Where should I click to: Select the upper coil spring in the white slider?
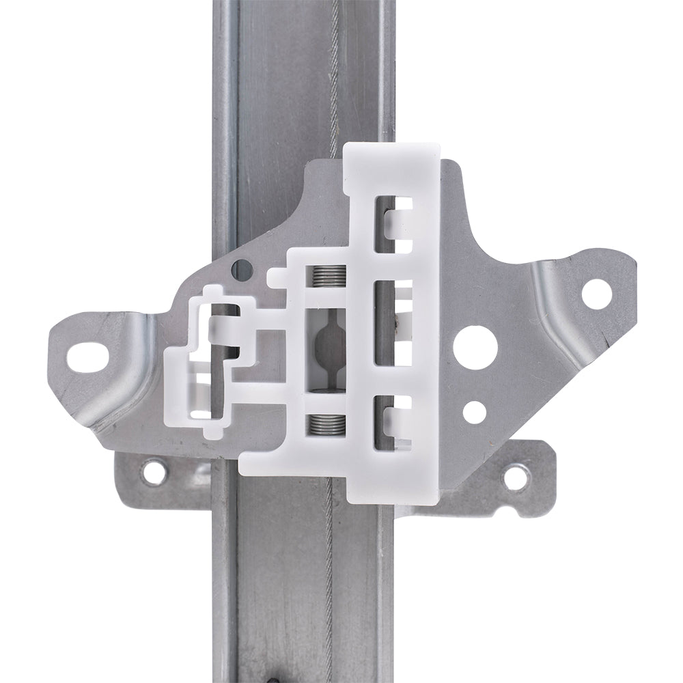[x=325, y=277]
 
